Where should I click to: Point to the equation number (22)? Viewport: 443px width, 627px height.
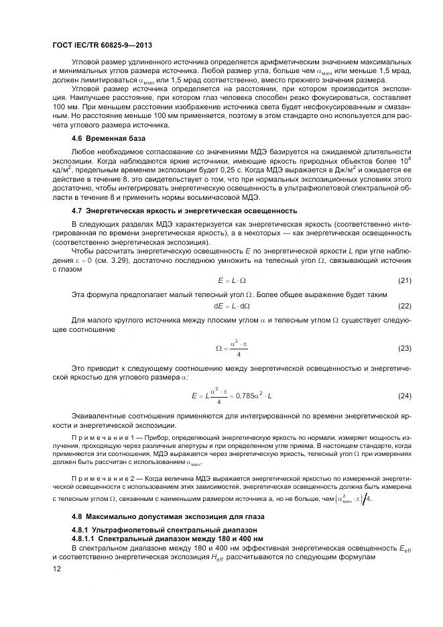[x=404, y=305]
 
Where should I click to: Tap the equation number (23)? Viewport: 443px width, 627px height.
[x=404, y=348]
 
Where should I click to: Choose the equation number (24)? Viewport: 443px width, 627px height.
[x=404, y=396]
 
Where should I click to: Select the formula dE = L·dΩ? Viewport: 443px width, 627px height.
[x=231, y=305]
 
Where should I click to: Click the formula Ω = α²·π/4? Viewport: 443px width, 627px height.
[x=231, y=348]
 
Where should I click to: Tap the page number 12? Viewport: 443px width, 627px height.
[x=57, y=569]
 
